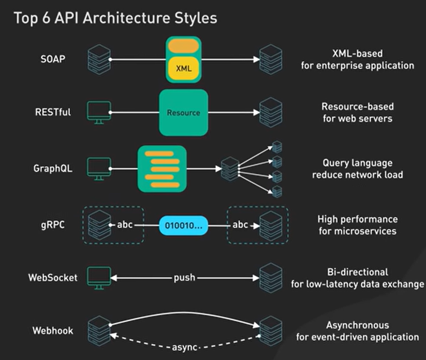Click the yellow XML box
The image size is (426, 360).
184,69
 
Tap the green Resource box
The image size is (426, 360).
184,112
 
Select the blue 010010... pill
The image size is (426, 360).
184,226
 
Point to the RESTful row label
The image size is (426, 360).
53,112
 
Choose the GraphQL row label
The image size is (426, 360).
53,168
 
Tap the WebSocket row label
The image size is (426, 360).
53,278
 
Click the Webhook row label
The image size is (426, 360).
53,331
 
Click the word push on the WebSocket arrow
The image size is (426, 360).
184,278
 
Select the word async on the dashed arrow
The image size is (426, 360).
184,347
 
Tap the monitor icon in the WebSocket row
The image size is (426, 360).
99,278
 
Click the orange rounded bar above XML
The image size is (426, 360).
183,46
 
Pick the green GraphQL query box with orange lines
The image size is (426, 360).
162,169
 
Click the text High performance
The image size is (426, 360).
358,219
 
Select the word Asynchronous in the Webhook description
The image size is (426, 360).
358,325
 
